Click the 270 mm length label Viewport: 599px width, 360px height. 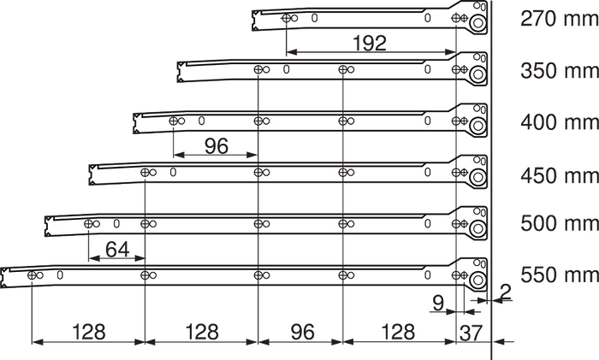point(560,18)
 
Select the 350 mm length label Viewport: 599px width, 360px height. point(560,71)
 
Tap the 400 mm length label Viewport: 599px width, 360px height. point(560,122)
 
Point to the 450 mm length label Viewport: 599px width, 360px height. point(560,175)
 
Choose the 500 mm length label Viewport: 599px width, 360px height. point(560,223)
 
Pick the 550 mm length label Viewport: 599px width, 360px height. point(560,274)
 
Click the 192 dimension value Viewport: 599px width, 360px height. point(370,43)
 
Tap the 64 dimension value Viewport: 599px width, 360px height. point(117,250)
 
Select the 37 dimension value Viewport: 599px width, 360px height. point(471,333)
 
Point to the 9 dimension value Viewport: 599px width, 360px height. point(438,303)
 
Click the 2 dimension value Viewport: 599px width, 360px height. point(505,292)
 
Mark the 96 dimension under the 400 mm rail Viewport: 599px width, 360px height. point(216,146)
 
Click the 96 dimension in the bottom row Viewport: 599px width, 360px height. point(303,332)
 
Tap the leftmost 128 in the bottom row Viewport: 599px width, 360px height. point(89,332)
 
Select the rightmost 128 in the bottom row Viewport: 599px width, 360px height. point(398,332)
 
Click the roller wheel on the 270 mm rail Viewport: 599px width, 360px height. point(477,23)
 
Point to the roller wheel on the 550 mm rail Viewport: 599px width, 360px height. point(477,280)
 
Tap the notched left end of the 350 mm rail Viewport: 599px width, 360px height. point(180,72)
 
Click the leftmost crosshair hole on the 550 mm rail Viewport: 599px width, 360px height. point(32,274)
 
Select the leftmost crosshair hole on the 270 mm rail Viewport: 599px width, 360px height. point(286,18)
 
